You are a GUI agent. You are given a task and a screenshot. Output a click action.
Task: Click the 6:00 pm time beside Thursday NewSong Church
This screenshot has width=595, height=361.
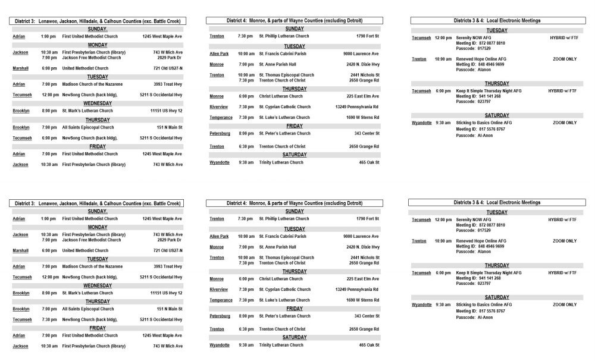pyautogui.click(x=49, y=137)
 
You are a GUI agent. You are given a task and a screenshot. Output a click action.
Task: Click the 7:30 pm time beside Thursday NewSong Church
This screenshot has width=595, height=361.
pyautogui.click(x=49, y=319)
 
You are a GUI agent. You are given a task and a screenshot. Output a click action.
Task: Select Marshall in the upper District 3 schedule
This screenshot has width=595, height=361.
pyautogui.click(x=20, y=68)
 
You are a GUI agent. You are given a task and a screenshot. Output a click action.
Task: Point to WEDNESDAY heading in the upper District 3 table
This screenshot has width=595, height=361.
pyautogui.click(x=98, y=103)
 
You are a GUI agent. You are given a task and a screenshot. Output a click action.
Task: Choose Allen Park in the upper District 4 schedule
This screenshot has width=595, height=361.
pyautogui.click(x=219, y=54)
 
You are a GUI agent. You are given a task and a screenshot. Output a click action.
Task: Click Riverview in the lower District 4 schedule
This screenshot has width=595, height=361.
pyautogui.click(x=220, y=290)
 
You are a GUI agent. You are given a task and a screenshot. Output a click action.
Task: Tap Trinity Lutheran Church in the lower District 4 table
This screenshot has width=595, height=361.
pyautogui.click(x=281, y=345)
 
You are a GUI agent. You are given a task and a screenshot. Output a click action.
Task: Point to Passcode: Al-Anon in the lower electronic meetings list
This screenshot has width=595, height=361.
pyautogui.click(x=474, y=317)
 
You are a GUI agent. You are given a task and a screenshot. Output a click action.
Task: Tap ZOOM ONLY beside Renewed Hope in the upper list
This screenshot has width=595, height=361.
pyautogui.click(x=564, y=59)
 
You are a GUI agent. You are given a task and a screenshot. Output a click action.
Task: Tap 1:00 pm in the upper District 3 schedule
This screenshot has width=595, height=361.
pyautogui.click(x=48, y=37)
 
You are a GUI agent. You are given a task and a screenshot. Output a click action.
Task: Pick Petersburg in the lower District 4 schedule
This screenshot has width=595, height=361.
pyautogui.click(x=220, y=316)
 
